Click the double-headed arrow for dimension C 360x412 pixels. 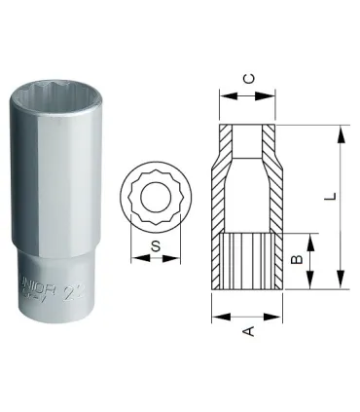click(x=247, y=95)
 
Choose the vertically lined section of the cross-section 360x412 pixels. click(x=247, y=260)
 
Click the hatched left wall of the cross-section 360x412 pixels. click(x=224, y=185)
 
